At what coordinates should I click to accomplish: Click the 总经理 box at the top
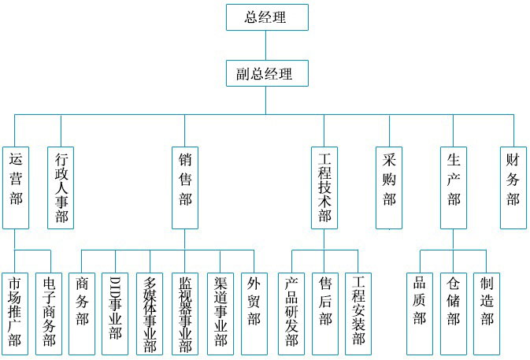click(x=267, y=17)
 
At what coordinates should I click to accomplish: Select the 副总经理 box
click(x=267, y=74)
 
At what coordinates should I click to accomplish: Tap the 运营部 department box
click(x=16, y=187)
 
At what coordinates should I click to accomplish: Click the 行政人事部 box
click(x=61, y=187)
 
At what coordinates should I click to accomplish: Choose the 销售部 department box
click(x=185, y=187)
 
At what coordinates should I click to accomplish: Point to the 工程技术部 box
click(x=324, y=187)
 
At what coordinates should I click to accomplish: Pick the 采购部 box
click(x=389, y=187)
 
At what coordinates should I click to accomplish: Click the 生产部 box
click(x=454, y=187)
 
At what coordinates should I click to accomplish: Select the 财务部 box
click(x=513, y=187)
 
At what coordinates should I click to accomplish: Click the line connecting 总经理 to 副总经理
click(x=267, y=46)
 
